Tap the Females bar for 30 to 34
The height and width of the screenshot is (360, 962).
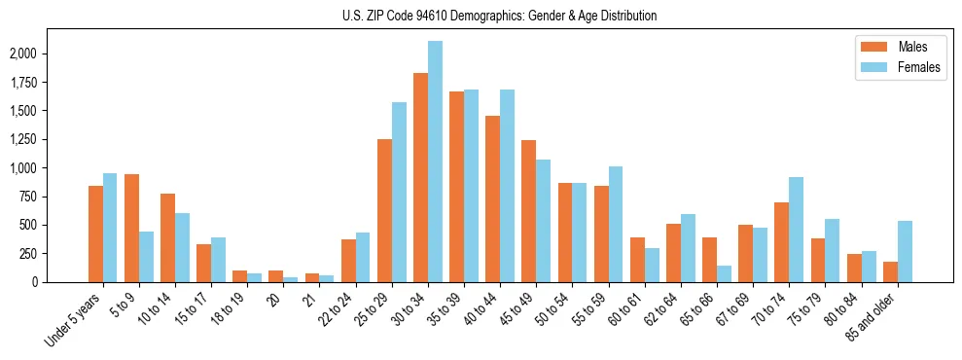(x=435, y=162)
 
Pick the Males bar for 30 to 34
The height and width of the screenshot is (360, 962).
(x=420, y=177)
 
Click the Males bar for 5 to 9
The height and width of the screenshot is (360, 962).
(x=131, y=228)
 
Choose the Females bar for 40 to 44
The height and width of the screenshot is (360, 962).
(x=507, y=186)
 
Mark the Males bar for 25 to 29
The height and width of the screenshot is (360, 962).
(x=384, y=210)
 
